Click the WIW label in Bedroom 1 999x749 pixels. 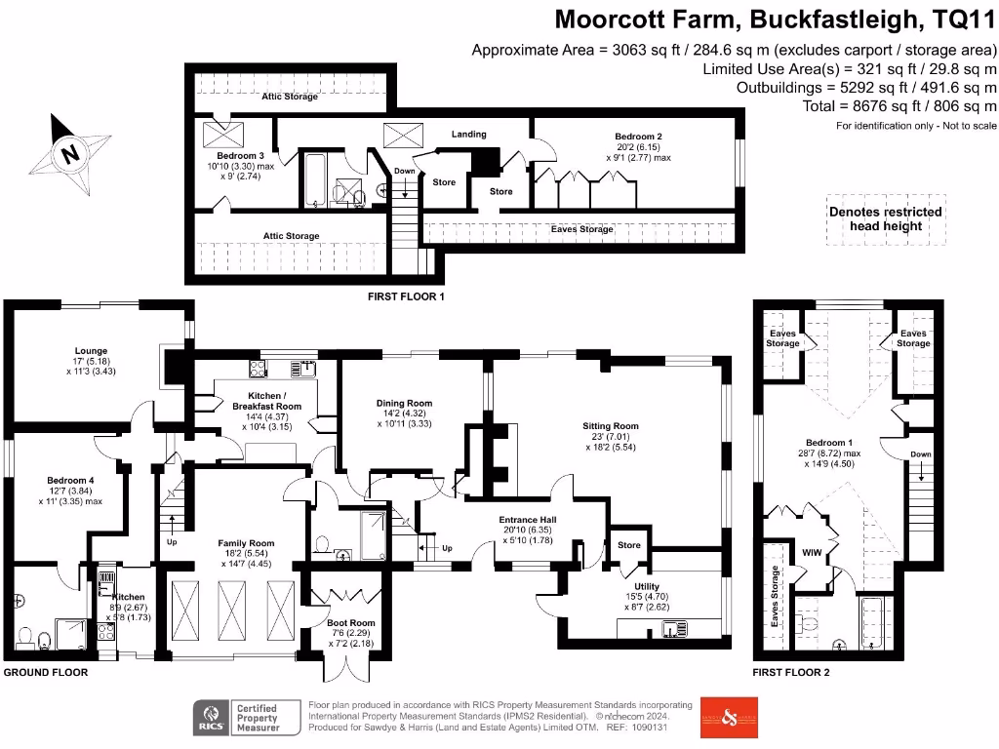[x=812, y=553]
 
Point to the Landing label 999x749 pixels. [x=468, y=134]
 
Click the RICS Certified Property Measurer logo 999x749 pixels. [x=239, y=717]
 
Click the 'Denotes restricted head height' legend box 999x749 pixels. [x=885, y=218]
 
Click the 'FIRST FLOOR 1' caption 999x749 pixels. [x=406, y=296]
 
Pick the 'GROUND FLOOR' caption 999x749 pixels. [x=45, y=672]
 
